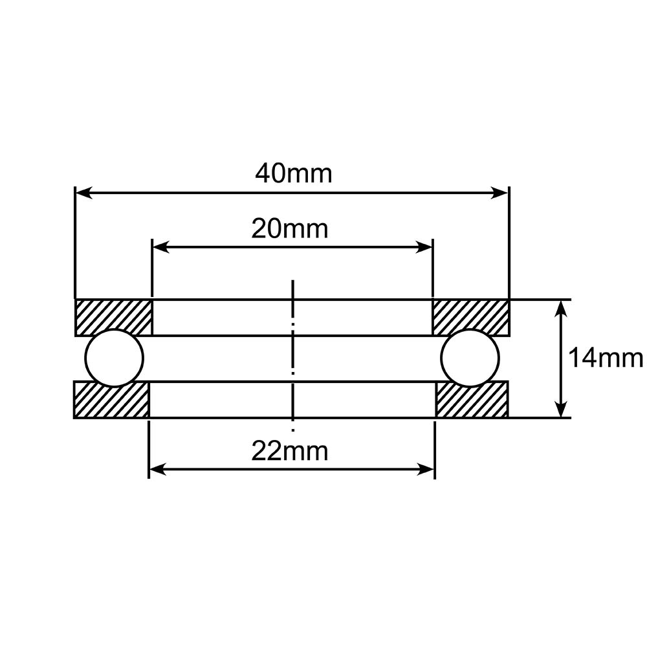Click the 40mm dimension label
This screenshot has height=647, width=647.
click(293, 173)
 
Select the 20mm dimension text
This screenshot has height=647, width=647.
click(290, 228)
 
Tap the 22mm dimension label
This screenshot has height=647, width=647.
click(290, 451)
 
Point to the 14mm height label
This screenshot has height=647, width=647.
click(605, 358)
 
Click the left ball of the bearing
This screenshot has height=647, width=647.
click(115, 358)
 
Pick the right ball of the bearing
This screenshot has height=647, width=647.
click(470, 358)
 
